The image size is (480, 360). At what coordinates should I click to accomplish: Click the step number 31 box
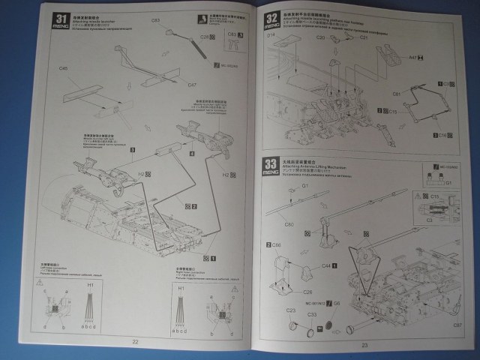tap(64, 17)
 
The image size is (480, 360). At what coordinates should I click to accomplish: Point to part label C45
tap(63, 68)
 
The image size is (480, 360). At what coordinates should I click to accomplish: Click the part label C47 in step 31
tap(192, 85)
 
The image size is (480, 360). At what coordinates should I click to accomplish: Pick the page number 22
tap(135, 343)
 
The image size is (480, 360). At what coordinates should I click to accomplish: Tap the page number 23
tap(366, 345)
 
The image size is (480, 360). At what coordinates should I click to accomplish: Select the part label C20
tap(319, 37)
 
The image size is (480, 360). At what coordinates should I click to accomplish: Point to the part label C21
tap(364, 37)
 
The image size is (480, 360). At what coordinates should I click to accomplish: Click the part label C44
tap(327, 265)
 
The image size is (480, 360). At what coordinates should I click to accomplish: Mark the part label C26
tap(286, 292)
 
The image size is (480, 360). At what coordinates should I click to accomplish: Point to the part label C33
tap(310, 313)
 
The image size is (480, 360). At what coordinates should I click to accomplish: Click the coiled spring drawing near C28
tap(193, 42)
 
